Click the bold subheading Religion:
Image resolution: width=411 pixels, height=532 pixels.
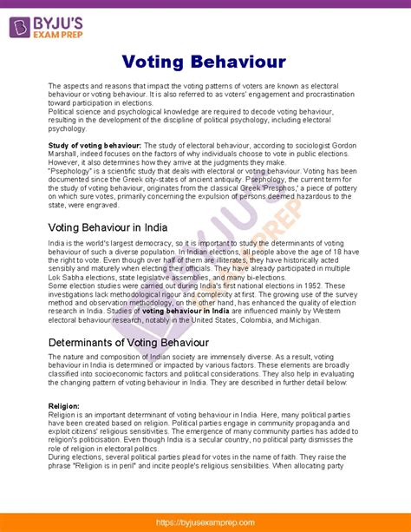point(64,405)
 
